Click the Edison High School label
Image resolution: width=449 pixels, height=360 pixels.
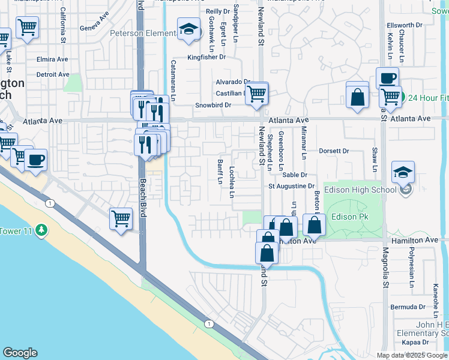(x=360, y=190)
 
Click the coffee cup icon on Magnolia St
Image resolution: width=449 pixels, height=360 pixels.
(x=387, y=77)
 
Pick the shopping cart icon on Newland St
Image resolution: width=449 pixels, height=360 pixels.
(x=256, y=94)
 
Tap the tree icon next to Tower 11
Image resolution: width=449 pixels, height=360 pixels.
(x=41, y=230)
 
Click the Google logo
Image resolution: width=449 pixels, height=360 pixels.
(x=20, y=353)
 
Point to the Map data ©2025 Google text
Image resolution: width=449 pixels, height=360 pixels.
(x=412, y=355)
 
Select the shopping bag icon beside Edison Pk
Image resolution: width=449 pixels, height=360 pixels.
(x=314, y=226)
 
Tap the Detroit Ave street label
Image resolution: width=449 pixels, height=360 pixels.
(x=53, y=74)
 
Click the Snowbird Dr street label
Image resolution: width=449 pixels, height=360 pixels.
(x=213, y=105)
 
